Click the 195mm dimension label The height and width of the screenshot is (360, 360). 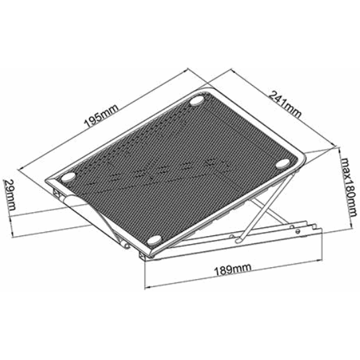coord(101,116)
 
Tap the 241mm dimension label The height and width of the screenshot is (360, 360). coord(284,104)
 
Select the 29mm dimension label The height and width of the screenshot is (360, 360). coord(10,195)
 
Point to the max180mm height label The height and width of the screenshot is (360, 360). coord(349,187)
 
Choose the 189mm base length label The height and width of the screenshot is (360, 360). coord(233,270)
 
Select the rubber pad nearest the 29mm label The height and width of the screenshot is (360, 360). coord(68,177)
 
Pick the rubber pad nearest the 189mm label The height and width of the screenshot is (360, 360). coord(154,240)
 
